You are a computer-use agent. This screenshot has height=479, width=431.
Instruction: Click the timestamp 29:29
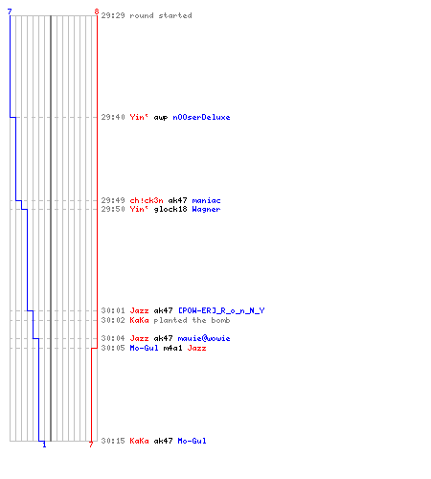pyautogui.click(x=113, y=15)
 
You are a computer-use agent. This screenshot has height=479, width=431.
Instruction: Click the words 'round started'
pyautogui.click(x=161, y=15)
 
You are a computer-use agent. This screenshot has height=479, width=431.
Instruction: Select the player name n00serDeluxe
pyautogui.click(x=201, y=117)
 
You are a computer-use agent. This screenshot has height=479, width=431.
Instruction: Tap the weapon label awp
pyautogui.click(x=161, y=118)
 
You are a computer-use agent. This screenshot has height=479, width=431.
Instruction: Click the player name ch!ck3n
pyautogui.click(x=147, y=200)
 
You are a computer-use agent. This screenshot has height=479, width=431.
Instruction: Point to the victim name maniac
pyautogui.click(x=206, y=200)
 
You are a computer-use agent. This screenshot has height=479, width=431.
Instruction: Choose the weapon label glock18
pyautogui.click(x=170, y=210)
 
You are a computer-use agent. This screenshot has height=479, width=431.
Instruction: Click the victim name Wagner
pyautogui.click(x=206, y=209)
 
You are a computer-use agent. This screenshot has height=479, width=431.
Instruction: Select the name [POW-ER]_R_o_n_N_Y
pyautogui.click(x=221, y=310)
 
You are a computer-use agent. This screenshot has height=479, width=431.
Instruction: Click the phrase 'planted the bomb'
pyautogui.click(x=192, y=320)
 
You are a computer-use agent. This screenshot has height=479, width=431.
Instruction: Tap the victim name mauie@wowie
pyautogui.click(x=204, y=338)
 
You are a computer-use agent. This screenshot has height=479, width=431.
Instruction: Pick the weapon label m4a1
pyautogui.click(x=172, y=348)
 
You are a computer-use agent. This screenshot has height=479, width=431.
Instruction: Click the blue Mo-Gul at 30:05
pyautogui.click(x=144, y=348)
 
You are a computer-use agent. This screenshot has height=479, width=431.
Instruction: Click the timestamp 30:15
pyautogui.click(x=113, y=441)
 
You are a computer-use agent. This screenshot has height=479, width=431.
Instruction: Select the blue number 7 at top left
pyautogui.click(x=10, y=11)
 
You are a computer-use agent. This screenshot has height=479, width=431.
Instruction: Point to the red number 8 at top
pyautogui.click(x=97, y=11)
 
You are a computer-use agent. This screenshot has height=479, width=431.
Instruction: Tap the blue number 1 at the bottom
pyautogui.click(x=44, y=445)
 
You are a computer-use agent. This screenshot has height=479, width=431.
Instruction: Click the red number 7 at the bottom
pyautogui.click(x=91, y=445)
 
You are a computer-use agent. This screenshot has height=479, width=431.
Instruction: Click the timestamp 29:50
pyautogui.click(x=113, y=209)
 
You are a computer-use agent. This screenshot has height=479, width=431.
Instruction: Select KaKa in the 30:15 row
pyautogui.click(x=139, y=441)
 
